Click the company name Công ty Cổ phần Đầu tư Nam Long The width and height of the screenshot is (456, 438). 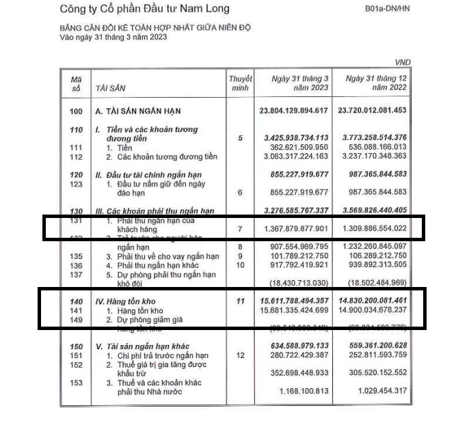145,9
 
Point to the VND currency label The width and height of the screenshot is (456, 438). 404,62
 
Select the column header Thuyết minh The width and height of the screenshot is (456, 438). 240,83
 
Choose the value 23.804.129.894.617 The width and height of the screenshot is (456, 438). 294,111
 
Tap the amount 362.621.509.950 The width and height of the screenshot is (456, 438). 299,147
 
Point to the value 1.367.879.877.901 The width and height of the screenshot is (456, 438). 294,228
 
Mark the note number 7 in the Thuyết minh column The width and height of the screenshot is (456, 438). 240,228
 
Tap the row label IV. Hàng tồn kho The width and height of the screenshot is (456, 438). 128,301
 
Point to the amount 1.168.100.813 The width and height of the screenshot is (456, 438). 304,391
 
